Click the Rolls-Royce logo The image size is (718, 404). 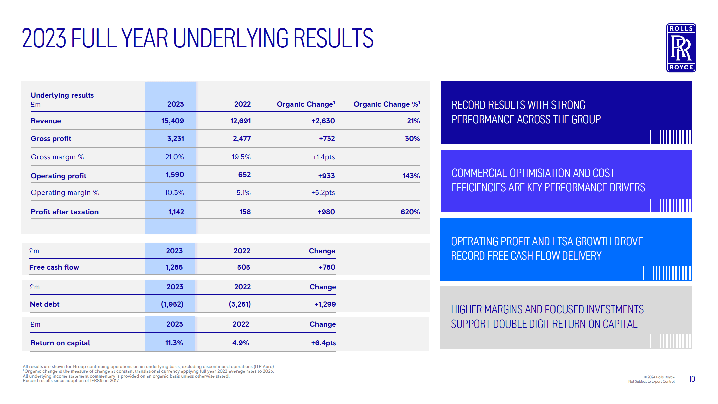681,48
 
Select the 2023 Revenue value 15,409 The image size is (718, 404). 173,121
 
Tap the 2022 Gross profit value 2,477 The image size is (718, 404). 242,139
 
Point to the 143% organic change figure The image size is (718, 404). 411,176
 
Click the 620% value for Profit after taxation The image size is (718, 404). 410,212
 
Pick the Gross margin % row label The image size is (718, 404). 57,157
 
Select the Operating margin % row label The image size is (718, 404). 65,193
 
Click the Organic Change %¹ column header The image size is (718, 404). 387,104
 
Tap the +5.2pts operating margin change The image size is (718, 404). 323,193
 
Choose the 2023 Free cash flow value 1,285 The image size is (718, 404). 174,267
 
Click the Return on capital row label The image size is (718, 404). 60,343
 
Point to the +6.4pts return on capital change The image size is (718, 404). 323,343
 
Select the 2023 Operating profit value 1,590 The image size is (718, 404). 175,175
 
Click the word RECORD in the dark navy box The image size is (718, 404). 469,105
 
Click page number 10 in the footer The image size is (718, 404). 692,379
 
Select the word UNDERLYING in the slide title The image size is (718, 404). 231,38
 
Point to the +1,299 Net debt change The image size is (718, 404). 325,304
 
